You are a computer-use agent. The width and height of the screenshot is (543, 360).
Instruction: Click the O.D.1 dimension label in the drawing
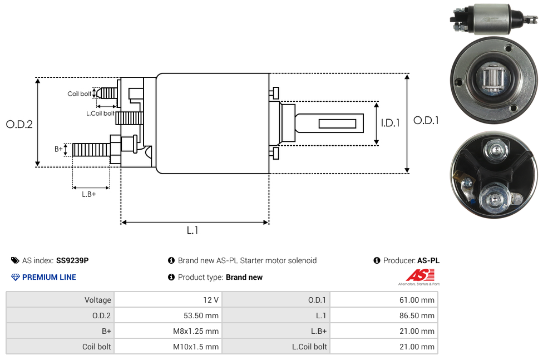pos(426,121)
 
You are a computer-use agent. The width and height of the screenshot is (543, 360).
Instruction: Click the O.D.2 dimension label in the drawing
pos(19,125)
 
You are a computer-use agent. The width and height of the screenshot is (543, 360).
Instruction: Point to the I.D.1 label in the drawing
pos(391,123)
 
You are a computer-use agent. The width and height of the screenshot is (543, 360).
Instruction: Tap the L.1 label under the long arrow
pos(192,230)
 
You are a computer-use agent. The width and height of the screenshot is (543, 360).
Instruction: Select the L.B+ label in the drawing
pos(88,194)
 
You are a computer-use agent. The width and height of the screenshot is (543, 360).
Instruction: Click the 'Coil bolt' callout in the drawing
pos(80,94)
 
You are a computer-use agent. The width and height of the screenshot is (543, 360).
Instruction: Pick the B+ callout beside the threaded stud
pos(58,149)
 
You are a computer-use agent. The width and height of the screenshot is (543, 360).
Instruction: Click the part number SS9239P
pos(72,260)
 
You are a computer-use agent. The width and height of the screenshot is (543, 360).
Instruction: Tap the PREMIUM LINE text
pos(49,277)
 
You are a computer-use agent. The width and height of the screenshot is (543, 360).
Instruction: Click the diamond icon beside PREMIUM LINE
pos(15,277)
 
